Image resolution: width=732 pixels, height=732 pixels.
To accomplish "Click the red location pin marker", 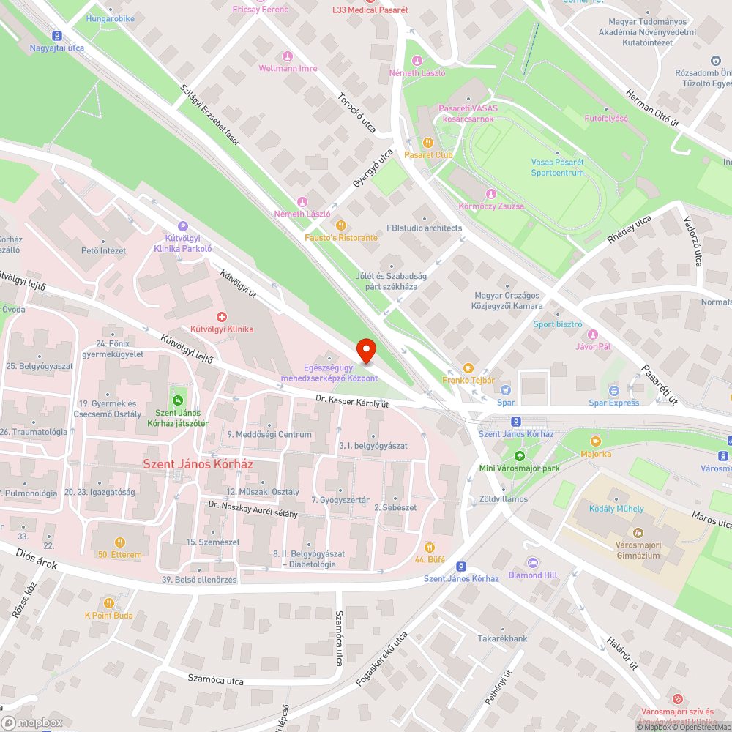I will (x=366, y=350).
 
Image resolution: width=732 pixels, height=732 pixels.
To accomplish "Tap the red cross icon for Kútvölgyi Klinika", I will (x=221, y=316).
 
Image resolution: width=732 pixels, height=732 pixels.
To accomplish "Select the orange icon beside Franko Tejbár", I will (x=468, y=367).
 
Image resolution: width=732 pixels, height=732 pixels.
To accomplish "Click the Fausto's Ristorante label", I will (x=341, y=238).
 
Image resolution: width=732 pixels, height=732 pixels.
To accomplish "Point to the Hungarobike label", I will (x=111, y=18).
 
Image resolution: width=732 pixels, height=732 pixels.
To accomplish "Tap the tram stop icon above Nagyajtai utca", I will (x=56, y=35).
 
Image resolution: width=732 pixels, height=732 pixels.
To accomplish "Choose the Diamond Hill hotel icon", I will (x=533, y=562).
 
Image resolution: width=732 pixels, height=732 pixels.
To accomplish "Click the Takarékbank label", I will (x=503, y=638).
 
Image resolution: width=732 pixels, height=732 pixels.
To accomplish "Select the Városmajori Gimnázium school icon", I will (x=637, y=532).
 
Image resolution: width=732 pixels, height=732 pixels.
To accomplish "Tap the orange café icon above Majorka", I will (x=595, y=441).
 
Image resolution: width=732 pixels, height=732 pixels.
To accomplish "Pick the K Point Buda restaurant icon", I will (x=109, y=602).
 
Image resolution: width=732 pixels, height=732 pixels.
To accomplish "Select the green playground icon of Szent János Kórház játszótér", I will (x=177, y=400).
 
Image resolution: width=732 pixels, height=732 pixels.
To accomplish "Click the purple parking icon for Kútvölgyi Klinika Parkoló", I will (x=182, y=226).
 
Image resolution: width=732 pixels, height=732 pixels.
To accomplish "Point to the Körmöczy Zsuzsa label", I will (x=490, y=206).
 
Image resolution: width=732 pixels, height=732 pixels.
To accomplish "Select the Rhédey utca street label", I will (x=629, y=229).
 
